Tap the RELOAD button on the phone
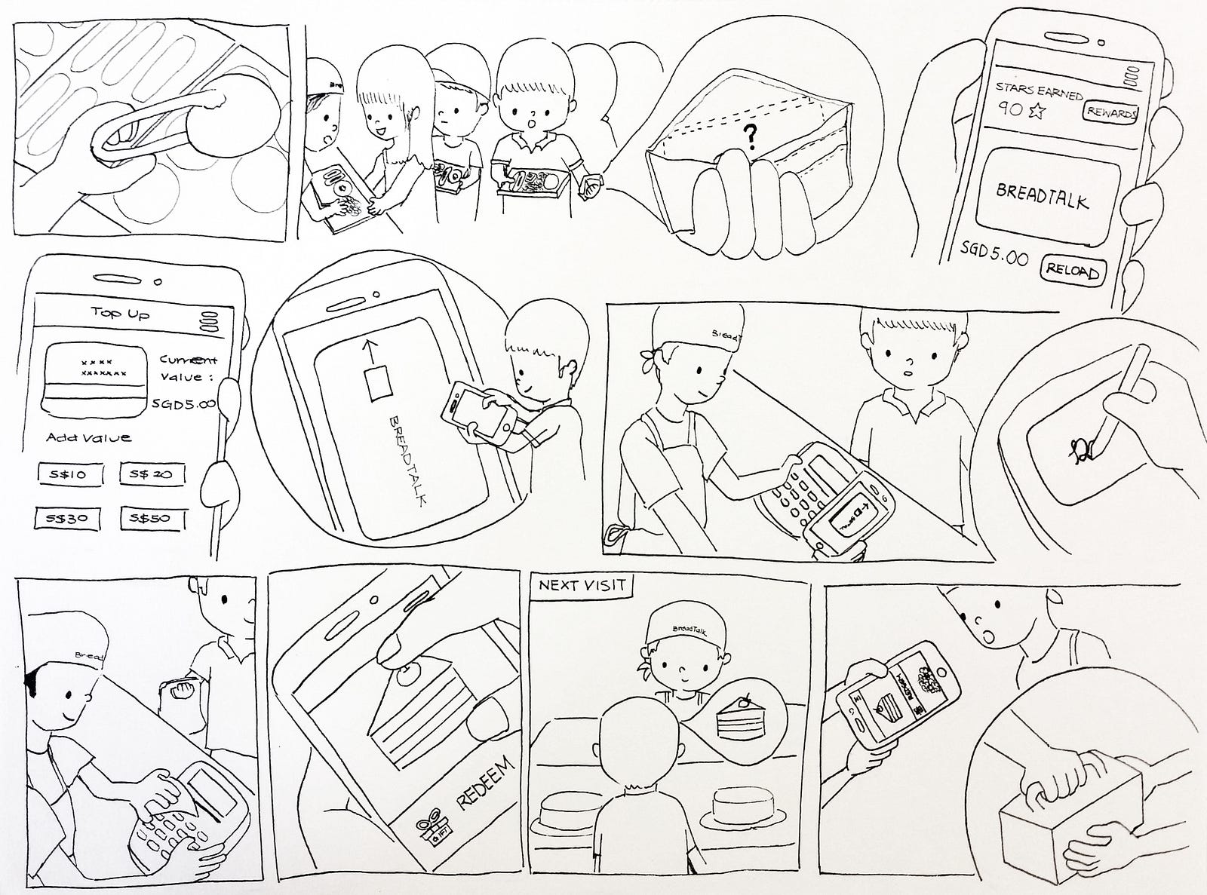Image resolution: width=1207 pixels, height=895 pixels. point(1071,269)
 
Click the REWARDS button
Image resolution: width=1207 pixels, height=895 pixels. point(1110,112)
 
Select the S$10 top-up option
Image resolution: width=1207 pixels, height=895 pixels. point(66,474)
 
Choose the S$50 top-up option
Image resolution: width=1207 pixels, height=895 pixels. point(149,518)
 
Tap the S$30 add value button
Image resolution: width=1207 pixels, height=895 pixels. point(66,518)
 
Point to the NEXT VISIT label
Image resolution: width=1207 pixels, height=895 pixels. point(582,585)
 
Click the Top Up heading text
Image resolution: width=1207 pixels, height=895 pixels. point(120,312)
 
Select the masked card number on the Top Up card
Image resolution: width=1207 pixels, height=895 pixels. point(103,367)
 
